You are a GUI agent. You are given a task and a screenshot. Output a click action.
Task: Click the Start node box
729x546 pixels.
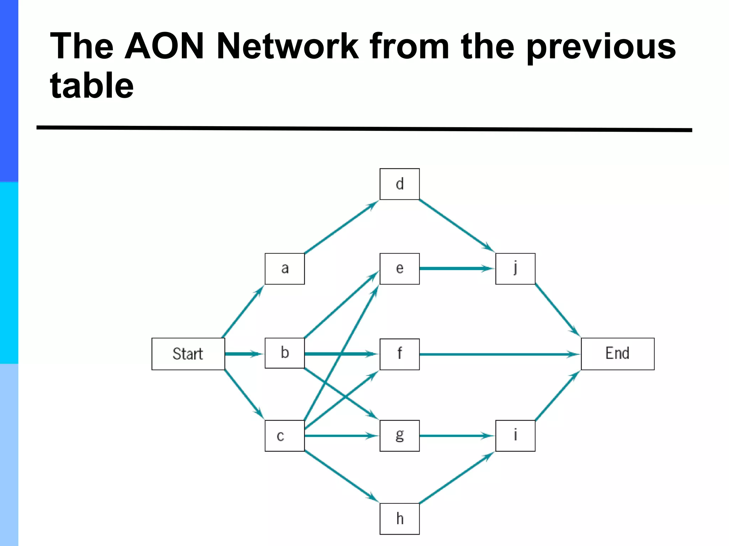[188, 354]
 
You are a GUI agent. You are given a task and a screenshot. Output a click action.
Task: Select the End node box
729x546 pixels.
[617, 354]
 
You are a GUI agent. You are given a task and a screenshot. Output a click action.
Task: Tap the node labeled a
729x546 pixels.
[285, 268]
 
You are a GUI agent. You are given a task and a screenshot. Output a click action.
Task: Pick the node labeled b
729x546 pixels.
[285, 353]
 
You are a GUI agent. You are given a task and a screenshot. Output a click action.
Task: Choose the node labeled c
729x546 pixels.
[285, 435]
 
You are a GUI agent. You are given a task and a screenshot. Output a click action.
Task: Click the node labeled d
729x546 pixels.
[399, 184]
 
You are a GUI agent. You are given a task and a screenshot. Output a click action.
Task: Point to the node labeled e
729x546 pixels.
[399, 268]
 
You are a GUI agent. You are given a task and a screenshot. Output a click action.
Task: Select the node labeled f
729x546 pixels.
[399, 354]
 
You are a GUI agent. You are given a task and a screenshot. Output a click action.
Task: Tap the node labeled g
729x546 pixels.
[399, 435]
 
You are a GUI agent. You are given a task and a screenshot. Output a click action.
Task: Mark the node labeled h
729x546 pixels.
[399, 519]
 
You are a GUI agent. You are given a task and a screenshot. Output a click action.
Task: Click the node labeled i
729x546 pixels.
[515, 435]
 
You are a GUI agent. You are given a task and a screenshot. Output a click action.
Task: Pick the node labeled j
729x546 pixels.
[515, 268]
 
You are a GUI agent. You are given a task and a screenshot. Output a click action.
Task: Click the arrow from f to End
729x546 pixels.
[498, 354]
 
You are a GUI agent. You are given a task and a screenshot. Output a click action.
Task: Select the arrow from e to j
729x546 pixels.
[456, 268]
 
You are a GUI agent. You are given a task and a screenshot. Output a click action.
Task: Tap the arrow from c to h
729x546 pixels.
[342, 477]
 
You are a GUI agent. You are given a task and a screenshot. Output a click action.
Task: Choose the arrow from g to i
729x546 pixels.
[456, 435]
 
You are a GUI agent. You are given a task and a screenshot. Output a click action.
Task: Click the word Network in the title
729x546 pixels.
[288, 46]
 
